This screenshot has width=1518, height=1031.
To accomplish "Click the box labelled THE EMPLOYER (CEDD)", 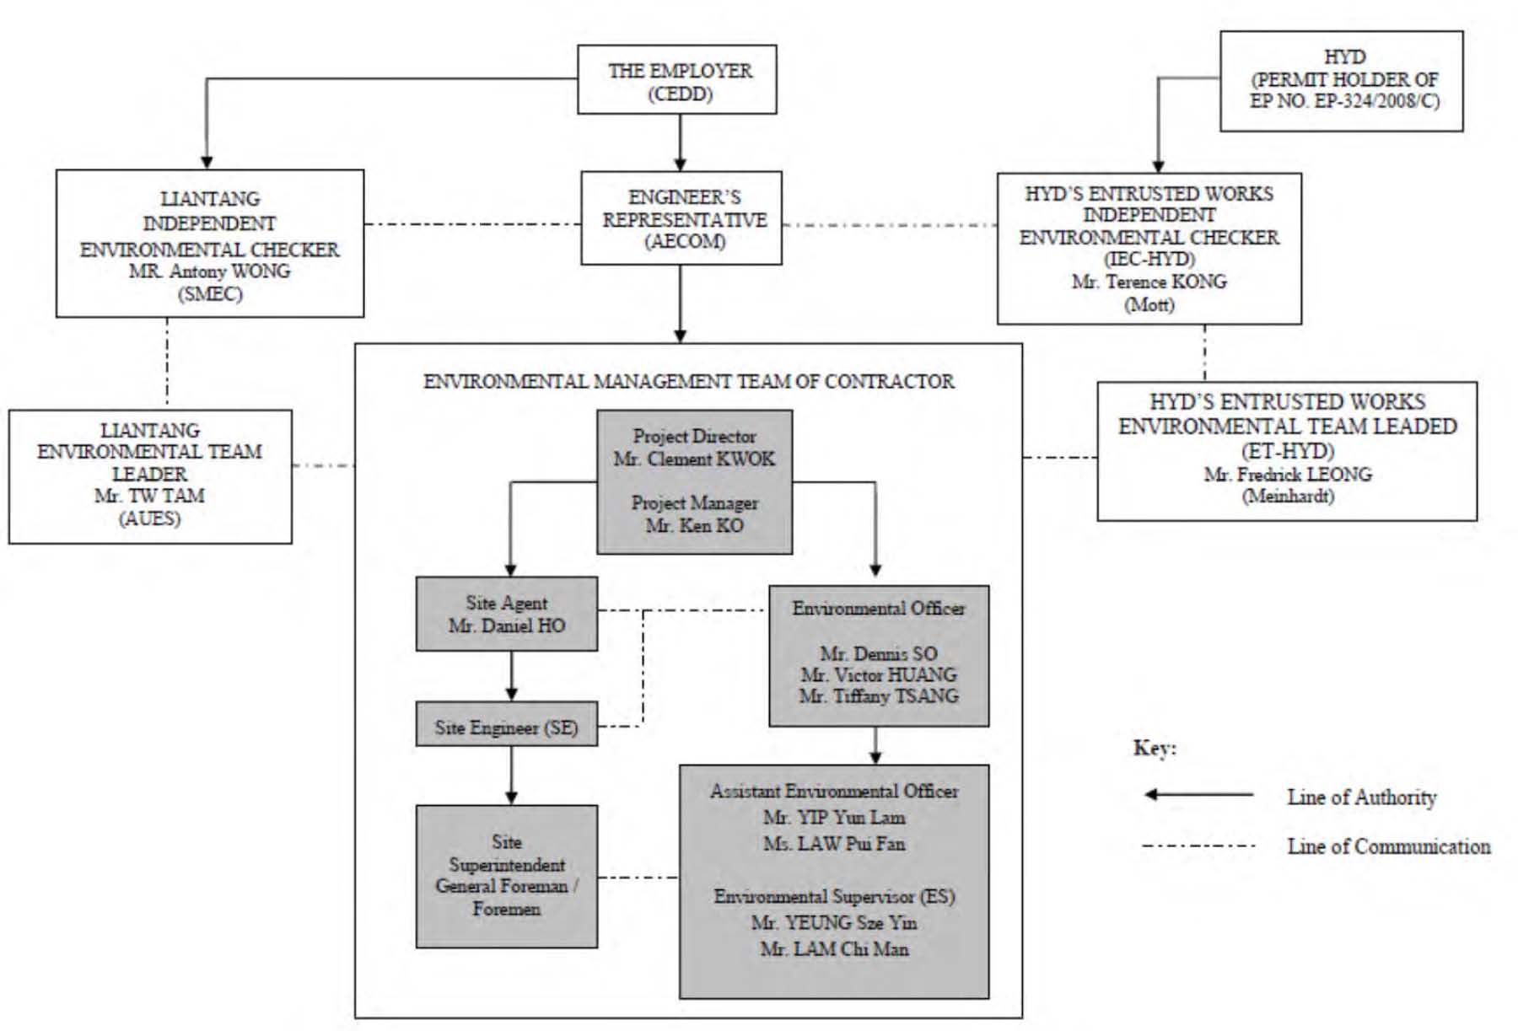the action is coord(676,80).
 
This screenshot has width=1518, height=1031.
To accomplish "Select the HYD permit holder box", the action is coord(1341,81).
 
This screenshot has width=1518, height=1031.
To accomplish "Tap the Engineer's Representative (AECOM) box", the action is coord(681,218).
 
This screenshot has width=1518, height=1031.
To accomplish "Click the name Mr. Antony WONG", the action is coord(210,271).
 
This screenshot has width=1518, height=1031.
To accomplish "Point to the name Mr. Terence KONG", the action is coord(1149,282).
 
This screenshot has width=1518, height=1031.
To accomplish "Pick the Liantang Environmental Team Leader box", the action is coord(150,476).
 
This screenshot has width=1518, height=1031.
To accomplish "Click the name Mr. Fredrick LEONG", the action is coord(1288,474).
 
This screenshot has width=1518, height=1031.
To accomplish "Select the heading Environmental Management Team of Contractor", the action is coord(688,381).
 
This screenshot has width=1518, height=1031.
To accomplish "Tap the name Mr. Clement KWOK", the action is coord(694,459).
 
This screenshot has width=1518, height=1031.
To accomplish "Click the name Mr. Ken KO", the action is coord(694,525).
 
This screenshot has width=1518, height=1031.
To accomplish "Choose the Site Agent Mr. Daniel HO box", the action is coord(507,614).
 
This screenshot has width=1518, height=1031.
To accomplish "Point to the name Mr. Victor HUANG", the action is coord(879,674).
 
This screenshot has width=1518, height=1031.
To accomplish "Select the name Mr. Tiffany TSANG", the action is coord(879,696).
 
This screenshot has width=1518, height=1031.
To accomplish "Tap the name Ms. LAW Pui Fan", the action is coord(834,843).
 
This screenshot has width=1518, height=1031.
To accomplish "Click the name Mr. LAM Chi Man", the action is coord(834,948).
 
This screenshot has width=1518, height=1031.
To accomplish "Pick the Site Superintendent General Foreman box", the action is coord(507,877).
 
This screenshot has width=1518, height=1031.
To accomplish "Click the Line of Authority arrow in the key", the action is coord(1198,794).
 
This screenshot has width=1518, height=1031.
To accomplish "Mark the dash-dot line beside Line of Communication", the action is coord(1198,846).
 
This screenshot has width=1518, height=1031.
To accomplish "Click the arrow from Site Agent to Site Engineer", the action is coord(511,676).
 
